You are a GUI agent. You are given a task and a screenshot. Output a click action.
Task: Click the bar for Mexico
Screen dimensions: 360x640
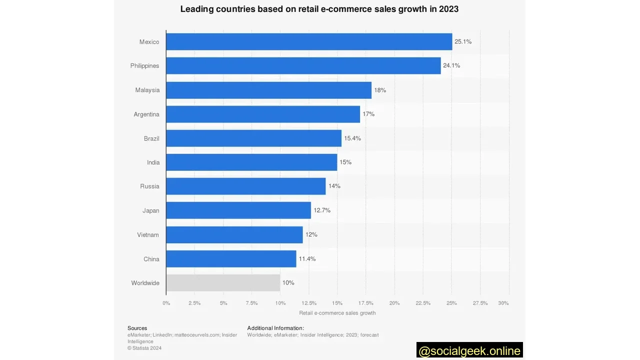pos(309,41)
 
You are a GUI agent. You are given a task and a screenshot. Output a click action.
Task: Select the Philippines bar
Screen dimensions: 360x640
pos(303,65)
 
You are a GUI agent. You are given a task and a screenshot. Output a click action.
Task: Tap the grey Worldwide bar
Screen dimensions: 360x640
pos(223,282)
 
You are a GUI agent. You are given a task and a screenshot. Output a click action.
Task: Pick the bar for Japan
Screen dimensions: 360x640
pos(238,210)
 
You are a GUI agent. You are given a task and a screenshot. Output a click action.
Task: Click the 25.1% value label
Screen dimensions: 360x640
pos(463,41)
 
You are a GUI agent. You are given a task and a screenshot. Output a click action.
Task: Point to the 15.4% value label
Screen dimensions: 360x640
pos(352,138)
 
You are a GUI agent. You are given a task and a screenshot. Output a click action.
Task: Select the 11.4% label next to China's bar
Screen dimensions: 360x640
pos(307,259)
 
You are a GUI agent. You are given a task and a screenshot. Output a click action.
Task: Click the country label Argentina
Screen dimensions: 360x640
pos(146,114)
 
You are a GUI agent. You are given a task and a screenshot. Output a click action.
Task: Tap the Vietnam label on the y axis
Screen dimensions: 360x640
pos(148,235)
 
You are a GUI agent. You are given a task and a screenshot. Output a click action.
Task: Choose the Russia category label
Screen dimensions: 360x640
pos(149,186)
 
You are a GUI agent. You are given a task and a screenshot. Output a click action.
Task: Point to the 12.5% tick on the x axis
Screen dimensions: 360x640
pos(309,303)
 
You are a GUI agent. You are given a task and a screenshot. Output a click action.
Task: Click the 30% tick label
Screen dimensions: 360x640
pos(503,303)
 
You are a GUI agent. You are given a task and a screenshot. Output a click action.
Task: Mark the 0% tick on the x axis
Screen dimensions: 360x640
pos(166,303)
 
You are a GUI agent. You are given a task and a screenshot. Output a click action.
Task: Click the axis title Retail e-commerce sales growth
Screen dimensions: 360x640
pos(337,313)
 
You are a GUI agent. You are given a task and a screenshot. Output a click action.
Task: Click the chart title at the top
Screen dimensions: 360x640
pos(319,9)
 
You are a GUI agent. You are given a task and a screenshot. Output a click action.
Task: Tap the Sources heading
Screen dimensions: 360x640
pos(137,328)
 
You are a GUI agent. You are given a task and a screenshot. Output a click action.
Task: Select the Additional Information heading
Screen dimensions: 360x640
pos(275,328)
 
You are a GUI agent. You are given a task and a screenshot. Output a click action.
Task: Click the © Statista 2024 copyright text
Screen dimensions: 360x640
pos(144,348)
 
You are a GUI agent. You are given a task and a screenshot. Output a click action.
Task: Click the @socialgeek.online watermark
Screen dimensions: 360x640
pos(469,351)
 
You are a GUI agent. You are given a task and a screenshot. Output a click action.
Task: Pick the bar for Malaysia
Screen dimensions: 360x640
pos(268,90)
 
